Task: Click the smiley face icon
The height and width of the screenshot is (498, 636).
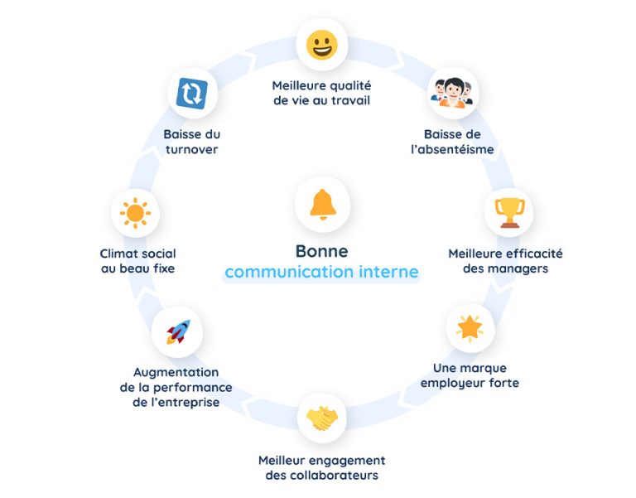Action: [x=321, y=44]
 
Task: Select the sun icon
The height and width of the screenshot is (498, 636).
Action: [x=134, y=213]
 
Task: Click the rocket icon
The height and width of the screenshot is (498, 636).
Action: [x=178, y=332]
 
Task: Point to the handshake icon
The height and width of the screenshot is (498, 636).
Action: [x=321, y=418]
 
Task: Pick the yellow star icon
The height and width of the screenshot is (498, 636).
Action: [x=470, y=327]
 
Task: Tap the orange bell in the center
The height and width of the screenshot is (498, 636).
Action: [x=322, y=205]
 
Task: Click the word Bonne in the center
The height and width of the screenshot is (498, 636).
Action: [x=321, y=251]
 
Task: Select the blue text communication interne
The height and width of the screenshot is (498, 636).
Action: [x=321, y=272]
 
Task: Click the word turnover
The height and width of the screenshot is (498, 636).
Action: [x=191, y=150]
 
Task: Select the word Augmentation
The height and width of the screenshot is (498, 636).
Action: [x=176, y=372]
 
